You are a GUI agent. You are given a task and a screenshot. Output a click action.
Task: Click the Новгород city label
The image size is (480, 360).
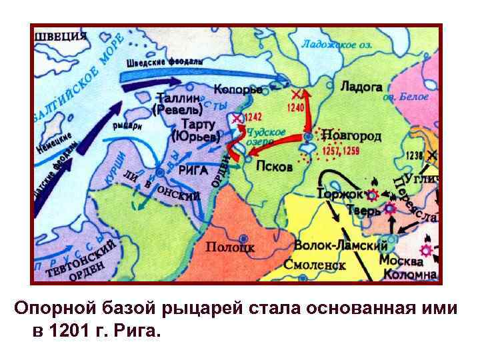pyautogui.click(x=352, y=136)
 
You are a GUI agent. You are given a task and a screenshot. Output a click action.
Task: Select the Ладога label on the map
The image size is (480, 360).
pyautogui.click(x=361, y=87)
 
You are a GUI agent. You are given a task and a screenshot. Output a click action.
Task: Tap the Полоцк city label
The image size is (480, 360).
pyautogui.click(x=230, y=247)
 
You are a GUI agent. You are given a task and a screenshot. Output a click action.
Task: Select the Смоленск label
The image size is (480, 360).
pyautogui.click(x=314, y=265)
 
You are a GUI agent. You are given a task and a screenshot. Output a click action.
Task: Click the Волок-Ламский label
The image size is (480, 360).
pyautogui.click(x=331, y=245)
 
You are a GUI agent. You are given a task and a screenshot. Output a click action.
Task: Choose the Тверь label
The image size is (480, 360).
pyautogui.click(x=362, y=211)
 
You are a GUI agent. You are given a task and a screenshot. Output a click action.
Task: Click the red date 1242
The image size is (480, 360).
pyautogui.click(x=253, y=117)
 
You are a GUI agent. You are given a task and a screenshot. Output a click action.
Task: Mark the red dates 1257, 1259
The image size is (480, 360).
pyautogui.click(x=341, y=151)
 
